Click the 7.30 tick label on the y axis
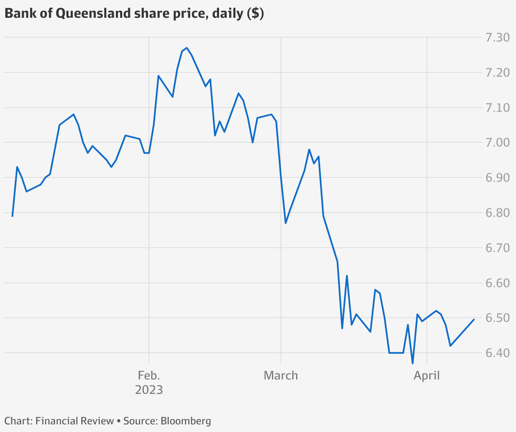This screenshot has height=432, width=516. (497, 38)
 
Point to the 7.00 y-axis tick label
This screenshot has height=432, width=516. (497, 143)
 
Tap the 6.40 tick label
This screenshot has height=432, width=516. (497, 353)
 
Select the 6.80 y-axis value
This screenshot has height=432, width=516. (497, 213)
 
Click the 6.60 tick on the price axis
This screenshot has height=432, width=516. (497, 283)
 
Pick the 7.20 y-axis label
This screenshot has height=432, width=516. (497, 73)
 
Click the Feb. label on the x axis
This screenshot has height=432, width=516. (149, 375)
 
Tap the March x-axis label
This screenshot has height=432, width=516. (281, 375)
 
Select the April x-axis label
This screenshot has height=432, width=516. (427, 375)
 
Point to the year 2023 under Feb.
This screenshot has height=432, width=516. (149, 390)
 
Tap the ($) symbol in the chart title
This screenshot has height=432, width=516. (255, 14)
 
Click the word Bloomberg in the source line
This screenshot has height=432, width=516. (186, 421)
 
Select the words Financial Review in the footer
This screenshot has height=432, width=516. (75, 421)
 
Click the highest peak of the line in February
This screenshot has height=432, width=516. (187, 48)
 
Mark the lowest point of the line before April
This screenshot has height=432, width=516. (412, 363)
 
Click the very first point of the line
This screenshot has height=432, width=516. (12, 216)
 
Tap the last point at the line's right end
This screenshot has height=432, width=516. (474, 319)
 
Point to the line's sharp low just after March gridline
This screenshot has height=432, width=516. (286, 223)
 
